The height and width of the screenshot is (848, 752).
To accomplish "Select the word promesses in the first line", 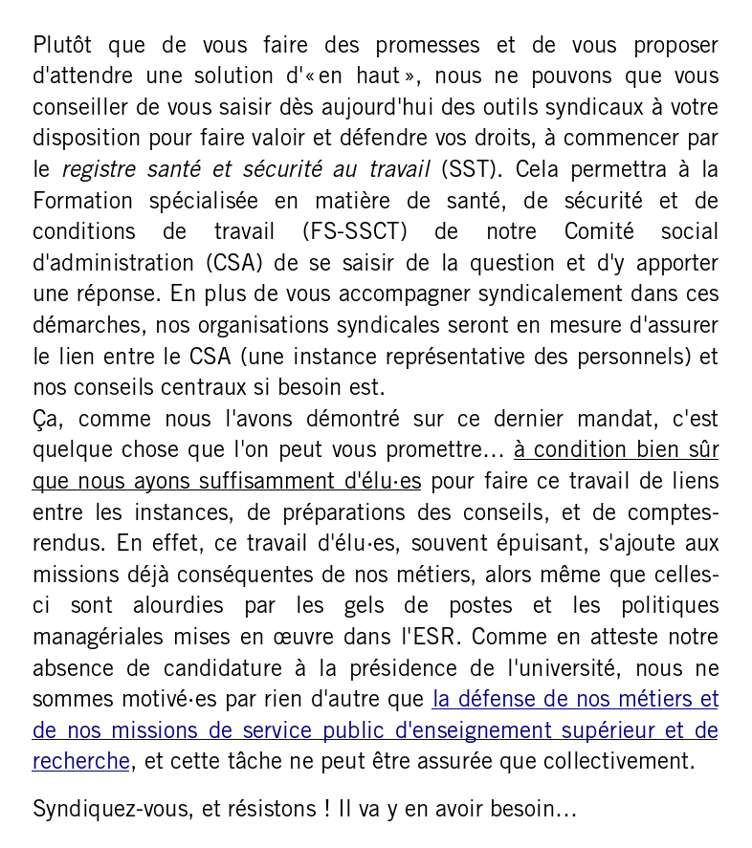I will [x=427, y=46].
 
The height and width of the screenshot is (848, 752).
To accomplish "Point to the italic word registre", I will [x=99, y=170].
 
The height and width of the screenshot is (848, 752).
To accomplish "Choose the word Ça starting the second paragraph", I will [x=45, y=420].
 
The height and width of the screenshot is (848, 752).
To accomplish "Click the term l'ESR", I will [x=427, y=638].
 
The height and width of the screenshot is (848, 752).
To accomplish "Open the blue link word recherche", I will [x=80, y=762].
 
